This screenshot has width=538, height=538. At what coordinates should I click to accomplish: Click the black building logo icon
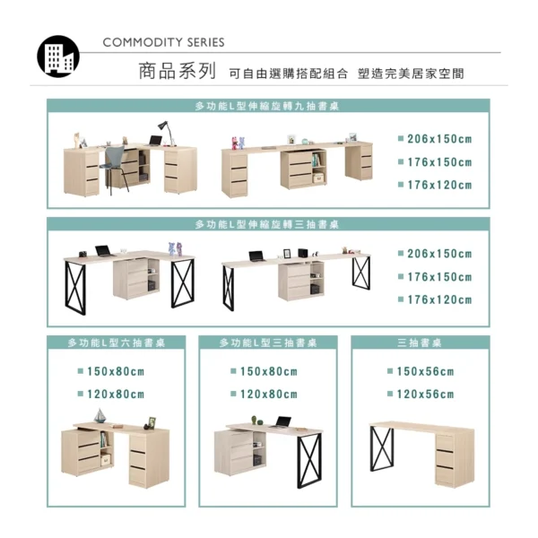(58, 56)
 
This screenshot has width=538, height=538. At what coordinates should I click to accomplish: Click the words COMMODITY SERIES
(163, 42)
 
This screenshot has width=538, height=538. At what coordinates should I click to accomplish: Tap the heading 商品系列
(177, 71)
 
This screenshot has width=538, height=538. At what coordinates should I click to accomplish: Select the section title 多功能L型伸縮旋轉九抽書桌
(267, 107)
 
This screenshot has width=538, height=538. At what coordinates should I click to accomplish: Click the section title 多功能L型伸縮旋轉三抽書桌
(267, 224)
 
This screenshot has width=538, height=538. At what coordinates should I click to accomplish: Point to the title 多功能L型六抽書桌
(117, 343)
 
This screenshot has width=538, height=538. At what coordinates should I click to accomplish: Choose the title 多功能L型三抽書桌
(268, 343)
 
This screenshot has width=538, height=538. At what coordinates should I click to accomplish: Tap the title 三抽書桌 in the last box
(420, 343)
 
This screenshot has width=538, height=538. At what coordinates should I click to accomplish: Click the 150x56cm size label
(425, 371)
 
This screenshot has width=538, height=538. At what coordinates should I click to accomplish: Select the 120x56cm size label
(425, 395)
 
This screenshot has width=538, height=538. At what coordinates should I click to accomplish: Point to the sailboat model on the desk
(100, 416)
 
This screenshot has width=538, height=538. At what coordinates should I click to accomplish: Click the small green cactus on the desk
(254, 420)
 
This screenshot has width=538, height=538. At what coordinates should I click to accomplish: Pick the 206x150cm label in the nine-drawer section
(439, 139)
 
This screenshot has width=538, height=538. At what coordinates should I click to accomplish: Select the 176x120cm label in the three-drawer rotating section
(439, 299)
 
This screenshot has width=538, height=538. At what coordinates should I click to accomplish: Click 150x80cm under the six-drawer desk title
(116, 371)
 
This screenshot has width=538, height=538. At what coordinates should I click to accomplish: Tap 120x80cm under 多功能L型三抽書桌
(269, 395)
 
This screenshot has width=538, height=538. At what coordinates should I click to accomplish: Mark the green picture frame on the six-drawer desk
(152, 421)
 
